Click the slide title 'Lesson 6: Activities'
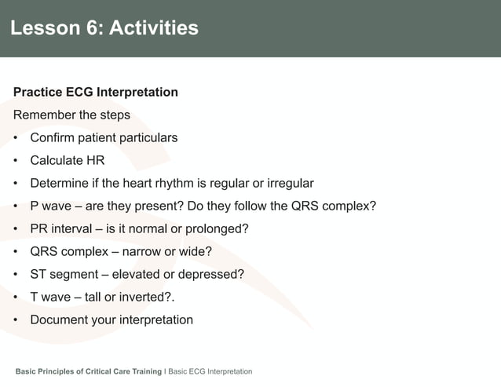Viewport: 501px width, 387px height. coord(104,28)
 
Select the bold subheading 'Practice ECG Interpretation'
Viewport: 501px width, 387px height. coord(96,93)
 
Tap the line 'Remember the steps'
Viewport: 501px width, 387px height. coord(71,115)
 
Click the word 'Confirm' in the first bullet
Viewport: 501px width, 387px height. coord(54,138)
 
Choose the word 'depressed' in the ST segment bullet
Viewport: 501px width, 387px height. coord(211,275)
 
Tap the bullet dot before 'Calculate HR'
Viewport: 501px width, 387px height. coord(16,161)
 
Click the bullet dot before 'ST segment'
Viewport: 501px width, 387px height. coord(16,275)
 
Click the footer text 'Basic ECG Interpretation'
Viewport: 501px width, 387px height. coord(210,371)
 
